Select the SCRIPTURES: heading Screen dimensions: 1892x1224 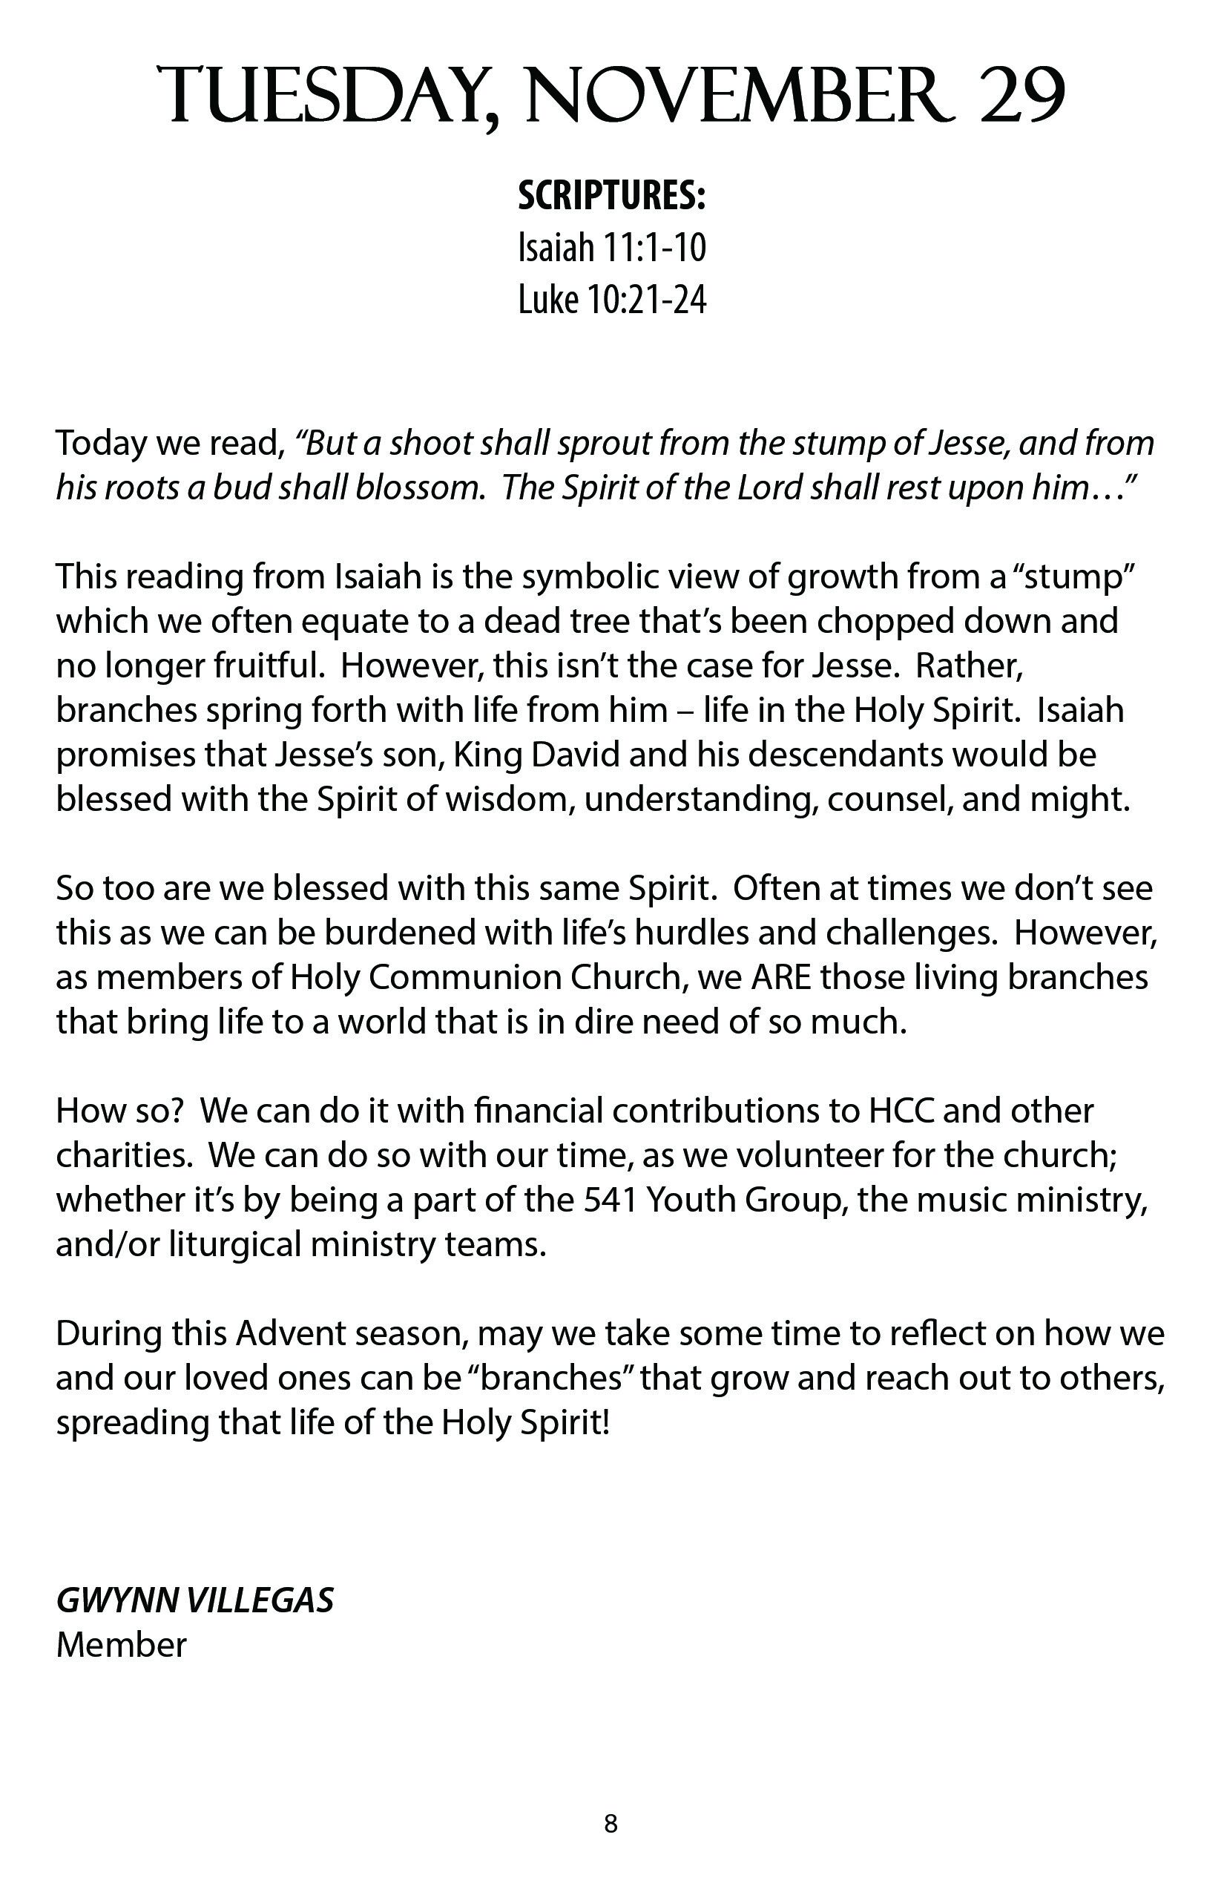612,196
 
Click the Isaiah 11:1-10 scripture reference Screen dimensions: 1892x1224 612,247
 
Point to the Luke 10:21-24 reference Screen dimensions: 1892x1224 612,300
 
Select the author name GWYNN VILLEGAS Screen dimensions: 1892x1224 194,1600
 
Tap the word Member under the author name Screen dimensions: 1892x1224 122,1645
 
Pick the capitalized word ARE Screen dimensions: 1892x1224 780,977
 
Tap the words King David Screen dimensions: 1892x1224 536,755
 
